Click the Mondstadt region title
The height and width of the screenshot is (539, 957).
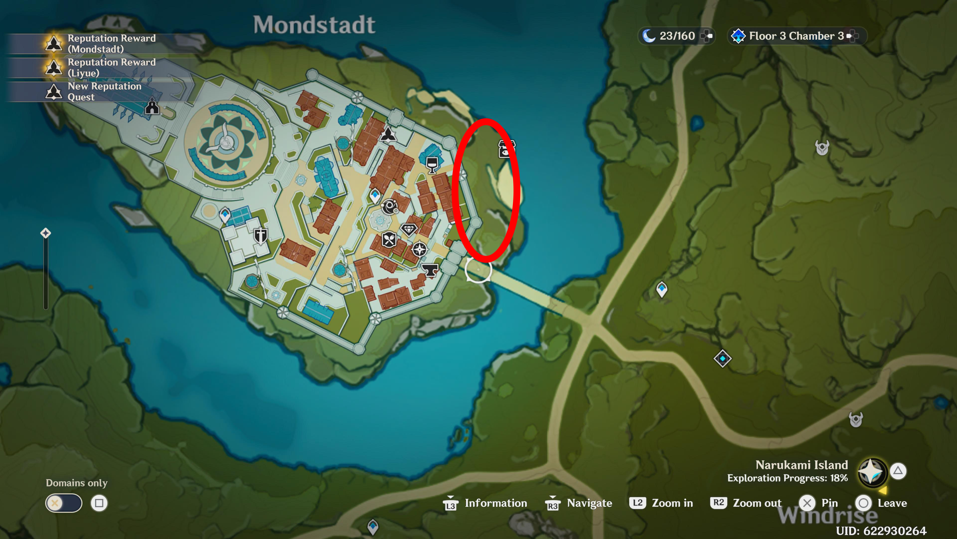[314, 25]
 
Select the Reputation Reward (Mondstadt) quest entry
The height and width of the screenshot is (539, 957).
[111, 43]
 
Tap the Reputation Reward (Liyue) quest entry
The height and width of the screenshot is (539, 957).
[111, 67]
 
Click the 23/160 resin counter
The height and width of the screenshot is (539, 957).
[677, 36]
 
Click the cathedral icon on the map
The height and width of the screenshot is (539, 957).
[152, 107]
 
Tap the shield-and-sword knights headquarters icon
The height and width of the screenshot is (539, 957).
[260, 236]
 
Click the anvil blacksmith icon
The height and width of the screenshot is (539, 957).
[430, 270]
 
